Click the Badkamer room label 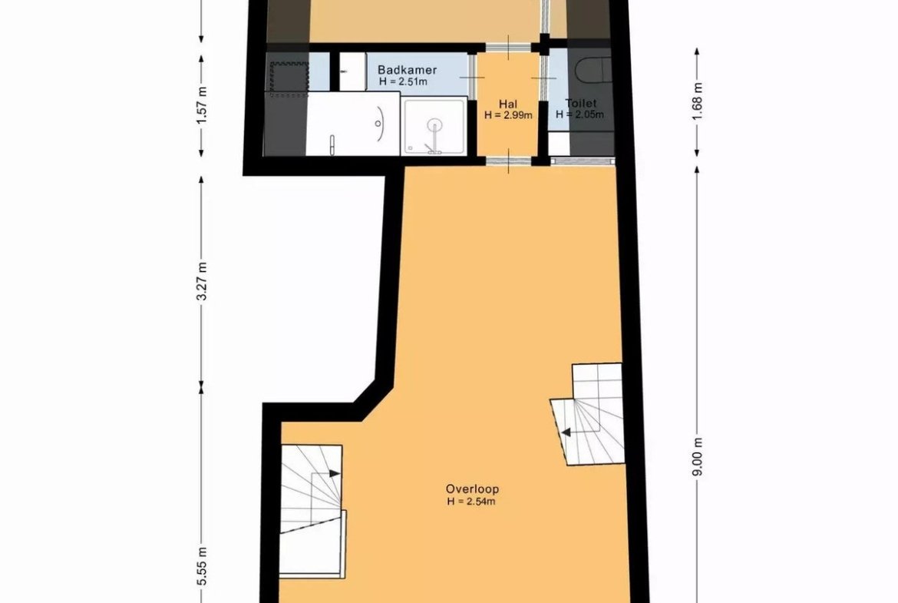point(408,70)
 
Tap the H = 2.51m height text point(403,82)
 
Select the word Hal point(508,104)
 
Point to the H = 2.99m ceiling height point(508,115)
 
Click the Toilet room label point(581,103)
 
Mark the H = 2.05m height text point(579,114)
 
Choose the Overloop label point(473,489)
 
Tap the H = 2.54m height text point(471,502)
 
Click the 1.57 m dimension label point(202,105)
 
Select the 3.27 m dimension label point(202,281)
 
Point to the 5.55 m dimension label point(202,566)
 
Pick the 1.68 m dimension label point(697,101)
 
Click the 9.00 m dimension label point(697,456)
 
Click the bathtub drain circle point(378,123)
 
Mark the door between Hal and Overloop point(509,161)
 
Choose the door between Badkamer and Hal point(473,78)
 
